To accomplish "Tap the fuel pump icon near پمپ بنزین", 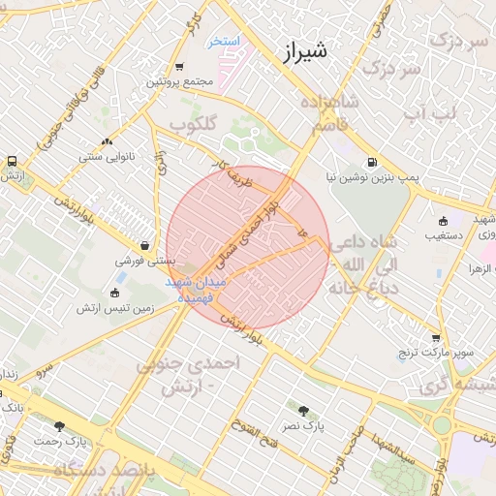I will pyautogui.click(x=372, y=163).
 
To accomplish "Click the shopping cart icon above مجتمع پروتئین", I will pyautogui.click(x=179, y=67).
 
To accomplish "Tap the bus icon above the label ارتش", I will pyautogui.click(x=12, y=161).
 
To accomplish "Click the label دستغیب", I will pyautogui.click(x=443, y=235).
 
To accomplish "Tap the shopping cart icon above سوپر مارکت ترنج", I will pyautogui.click(x=437, y=338).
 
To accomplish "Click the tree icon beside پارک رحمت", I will pyautogui.click(x=59, y=426).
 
